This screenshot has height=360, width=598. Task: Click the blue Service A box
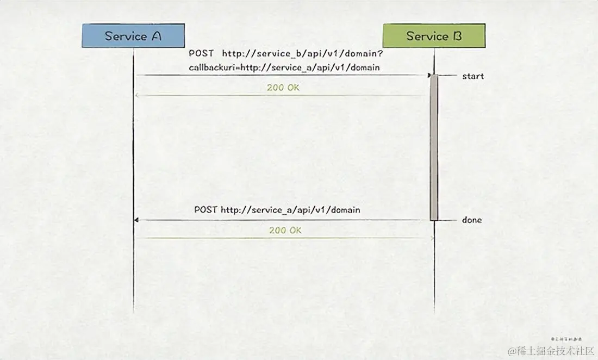(133, 36)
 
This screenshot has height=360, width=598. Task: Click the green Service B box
(434, 36)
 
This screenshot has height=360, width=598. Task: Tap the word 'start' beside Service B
(472, 76)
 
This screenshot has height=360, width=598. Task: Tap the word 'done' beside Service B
(472, 220)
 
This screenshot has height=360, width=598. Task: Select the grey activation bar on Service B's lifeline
(434, 147)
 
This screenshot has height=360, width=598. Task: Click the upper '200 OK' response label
(283, 87)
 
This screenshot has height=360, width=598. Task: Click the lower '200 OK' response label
(285, 231)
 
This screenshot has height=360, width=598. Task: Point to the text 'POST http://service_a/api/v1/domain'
(277, 210)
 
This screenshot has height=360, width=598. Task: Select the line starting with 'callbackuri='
(284, 67)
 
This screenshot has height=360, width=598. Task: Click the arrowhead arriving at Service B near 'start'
(428, 75)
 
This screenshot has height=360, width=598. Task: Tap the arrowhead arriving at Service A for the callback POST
(136, 220)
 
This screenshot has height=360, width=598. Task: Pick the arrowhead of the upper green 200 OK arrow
(137, 96)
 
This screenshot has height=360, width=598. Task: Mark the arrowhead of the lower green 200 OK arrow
(432, 238)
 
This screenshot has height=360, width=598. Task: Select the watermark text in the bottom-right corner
(551, 350)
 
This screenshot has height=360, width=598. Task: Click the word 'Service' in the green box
(427, 36)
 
